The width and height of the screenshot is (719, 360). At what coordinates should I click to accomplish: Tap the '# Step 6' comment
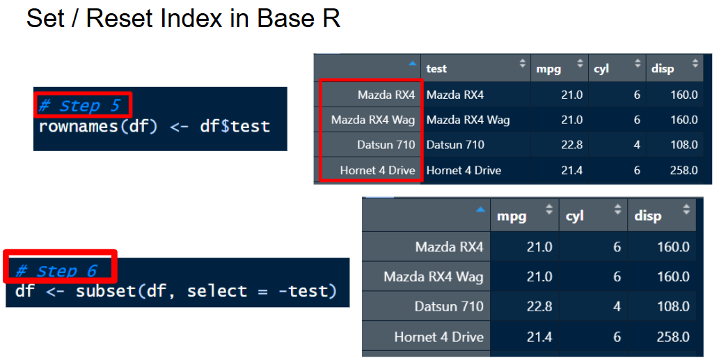(x=56, y=271)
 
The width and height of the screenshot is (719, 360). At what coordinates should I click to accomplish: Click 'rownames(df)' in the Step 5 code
(x=98, y=127)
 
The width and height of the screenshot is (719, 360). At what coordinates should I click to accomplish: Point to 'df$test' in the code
(x=235, y=127)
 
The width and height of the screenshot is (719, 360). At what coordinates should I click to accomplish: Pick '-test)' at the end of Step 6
(x=308, y=291)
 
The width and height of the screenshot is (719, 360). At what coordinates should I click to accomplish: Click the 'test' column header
(x=436, y=69)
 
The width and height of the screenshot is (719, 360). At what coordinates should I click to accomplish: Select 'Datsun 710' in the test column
(x=455, y=145)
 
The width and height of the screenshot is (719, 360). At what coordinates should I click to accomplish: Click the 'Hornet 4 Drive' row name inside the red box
(x=377, y=171)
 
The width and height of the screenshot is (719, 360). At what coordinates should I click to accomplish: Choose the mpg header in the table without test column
(x=512, y=216)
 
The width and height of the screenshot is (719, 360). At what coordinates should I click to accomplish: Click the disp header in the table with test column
(x=663, y=69)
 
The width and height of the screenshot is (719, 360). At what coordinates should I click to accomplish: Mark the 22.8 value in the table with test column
(x=572, y=145)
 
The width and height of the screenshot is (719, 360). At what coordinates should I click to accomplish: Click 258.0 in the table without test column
(x=673, y=337)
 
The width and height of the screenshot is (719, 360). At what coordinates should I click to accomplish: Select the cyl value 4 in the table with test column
(x=636, y=145)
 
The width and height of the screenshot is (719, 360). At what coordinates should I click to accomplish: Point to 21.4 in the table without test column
(x=539, y=337)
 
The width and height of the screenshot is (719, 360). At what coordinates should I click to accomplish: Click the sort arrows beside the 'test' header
(x=522, y=63)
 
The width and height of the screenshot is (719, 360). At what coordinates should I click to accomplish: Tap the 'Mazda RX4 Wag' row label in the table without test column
(x=434, y=277)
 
